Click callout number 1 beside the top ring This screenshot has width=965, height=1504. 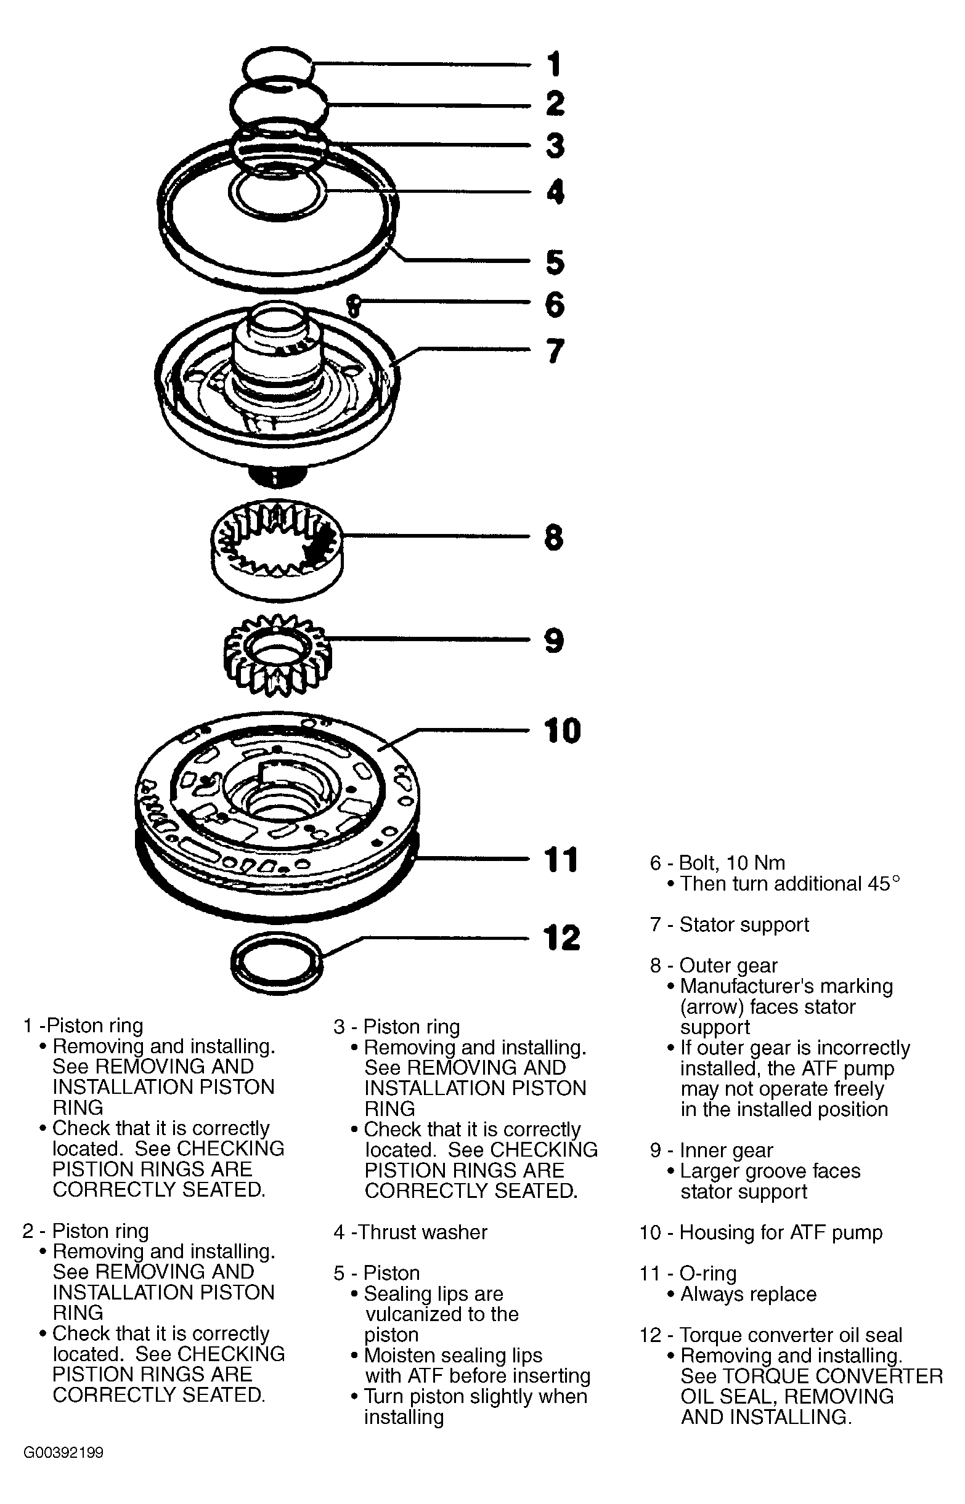click(x=554, y=65)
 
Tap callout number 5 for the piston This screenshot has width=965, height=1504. click(x=555, y=262)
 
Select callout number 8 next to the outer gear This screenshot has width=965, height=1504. click(x=554, y=537)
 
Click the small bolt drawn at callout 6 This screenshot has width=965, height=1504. click(x=354, y=305)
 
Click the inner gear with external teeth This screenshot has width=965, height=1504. click(x=277, y=654)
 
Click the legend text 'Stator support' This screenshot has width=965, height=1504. click(x=744, y=924)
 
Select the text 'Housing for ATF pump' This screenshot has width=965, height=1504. click(x=780, y=1232)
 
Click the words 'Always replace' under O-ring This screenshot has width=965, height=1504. click(x=748, y=1293)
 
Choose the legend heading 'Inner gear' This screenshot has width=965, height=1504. click(x=726, y=1150)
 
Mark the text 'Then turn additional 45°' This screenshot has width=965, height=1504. click(x=789, y=883)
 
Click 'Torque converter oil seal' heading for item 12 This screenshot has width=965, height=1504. click(x=790, y=1335)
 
